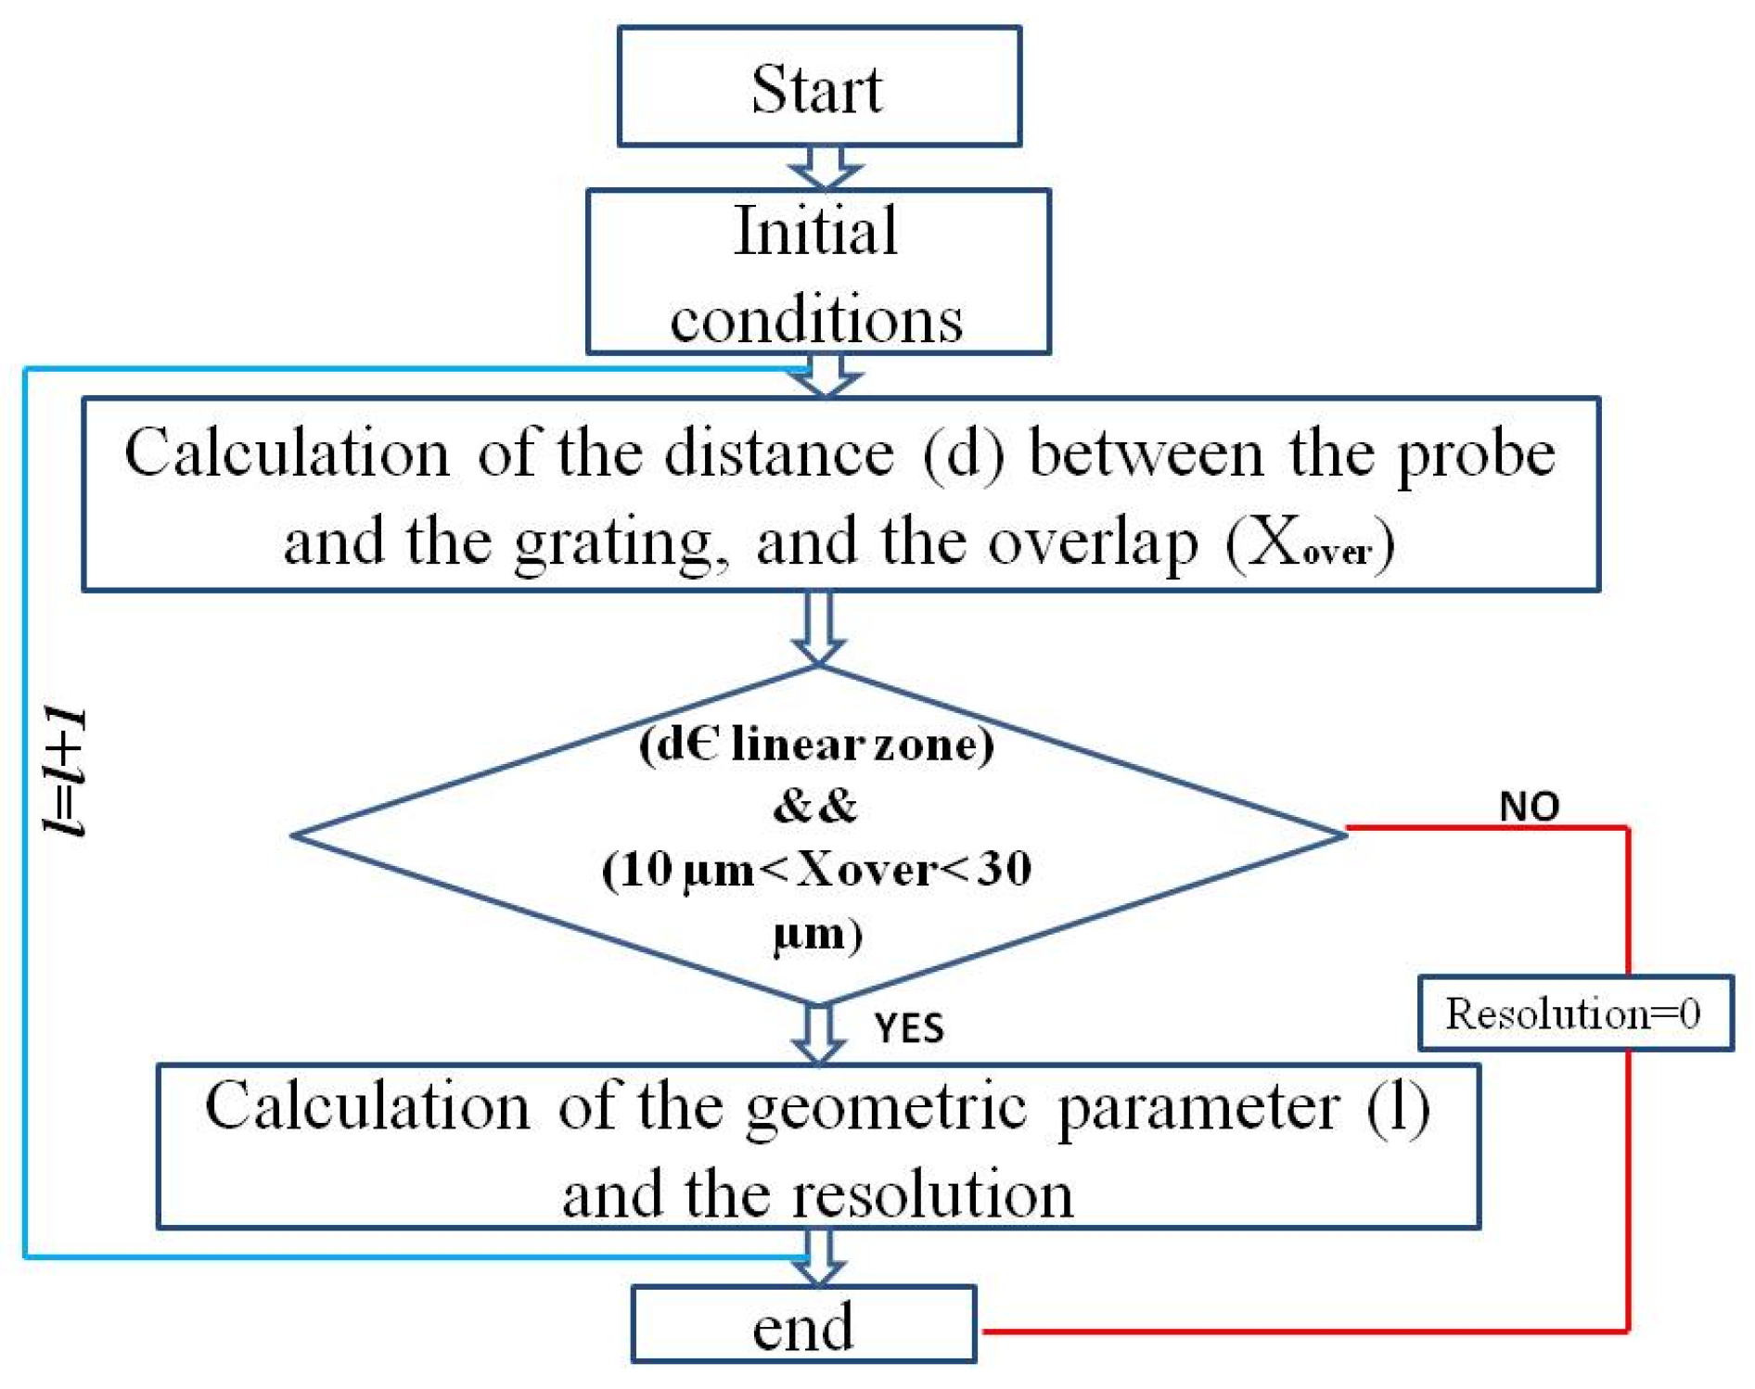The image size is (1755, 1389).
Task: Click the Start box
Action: pyautogui.click(x=818, y=87)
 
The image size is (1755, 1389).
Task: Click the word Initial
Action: pyautogui.click(x=815, y=231)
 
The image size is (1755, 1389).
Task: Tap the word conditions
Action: pyautogui.click(x=816, y=320)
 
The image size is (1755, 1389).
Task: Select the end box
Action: pyautogui.click(x=803, y=1325)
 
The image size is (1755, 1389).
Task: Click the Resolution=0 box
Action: pyautogui.click(x=1574, y=1013)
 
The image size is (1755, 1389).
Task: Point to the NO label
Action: pyautogui.click(x=1529, y=806)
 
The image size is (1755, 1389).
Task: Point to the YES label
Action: pyautogui.click(x=909, y=1028)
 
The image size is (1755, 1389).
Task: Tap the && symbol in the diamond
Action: pyautogui.click(x=815, y=806)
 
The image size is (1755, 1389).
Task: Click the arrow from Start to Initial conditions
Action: pyautogui.click(x=825, y=168)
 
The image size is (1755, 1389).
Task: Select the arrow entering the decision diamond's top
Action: pyautogui.click(x=818, y=629)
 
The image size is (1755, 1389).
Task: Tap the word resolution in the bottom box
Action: pyautogui.click(x=931, y=1194)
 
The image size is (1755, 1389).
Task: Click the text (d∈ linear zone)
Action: pyautogui.click(x=816, y=744)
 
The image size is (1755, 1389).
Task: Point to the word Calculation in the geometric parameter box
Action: pyautogui.click(x=367, y=1106)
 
